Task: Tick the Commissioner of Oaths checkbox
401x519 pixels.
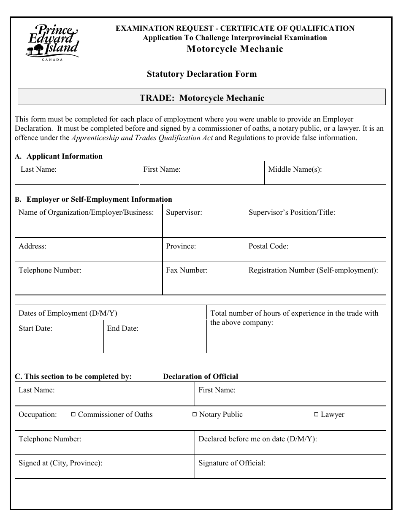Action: coord(73,415)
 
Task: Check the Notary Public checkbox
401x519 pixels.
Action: coord(195,415)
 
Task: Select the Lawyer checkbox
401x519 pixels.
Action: coord(316,415)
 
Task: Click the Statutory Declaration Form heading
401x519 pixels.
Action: coord(201,74)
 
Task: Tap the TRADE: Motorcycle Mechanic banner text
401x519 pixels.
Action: coord(202,98)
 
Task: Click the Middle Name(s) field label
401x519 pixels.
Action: coord(295,170)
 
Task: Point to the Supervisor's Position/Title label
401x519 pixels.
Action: coord(292,213)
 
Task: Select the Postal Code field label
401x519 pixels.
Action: coord(268,246)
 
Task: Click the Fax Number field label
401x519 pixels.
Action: coord(187,270)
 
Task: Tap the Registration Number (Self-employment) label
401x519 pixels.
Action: coord(313,270)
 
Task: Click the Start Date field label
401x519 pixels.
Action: coord(35,329)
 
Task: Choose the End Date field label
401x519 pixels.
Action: coord(122,329)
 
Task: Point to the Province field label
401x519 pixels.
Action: coord(181,246)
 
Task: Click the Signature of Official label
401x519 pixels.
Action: coord(232,463)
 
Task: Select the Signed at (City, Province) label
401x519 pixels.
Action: coord(60,463)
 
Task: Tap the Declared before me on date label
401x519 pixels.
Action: coord(257,439)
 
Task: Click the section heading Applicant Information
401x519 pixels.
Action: coord(64,157)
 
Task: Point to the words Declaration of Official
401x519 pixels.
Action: coord(200,377)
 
